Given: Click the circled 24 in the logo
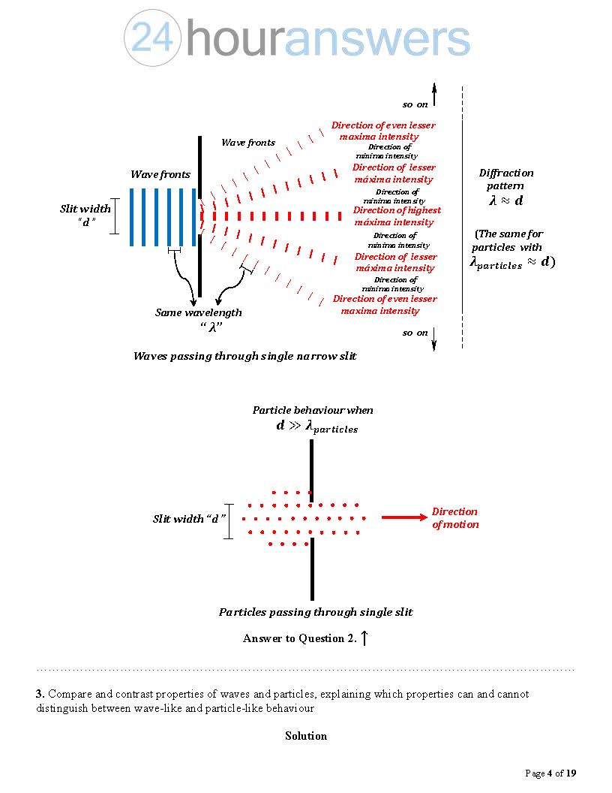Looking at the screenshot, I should click(153, 38).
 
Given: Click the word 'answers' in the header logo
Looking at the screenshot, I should click(377, 39).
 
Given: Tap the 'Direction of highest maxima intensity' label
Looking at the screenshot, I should click(397, 216).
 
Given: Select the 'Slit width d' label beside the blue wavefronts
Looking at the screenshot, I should click(85, 215).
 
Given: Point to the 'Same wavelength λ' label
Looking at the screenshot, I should click(199, 319).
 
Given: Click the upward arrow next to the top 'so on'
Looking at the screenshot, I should click(434, 96).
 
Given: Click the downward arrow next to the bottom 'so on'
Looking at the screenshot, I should click(434, 339).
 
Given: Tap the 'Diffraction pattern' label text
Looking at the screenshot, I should click(506, 179).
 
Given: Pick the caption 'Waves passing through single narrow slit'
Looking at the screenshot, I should click(244, 356).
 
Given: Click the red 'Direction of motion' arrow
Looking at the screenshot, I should click(403, 517).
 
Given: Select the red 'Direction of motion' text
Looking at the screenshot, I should click(454, 518).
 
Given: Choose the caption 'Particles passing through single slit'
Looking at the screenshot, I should click(316, 612).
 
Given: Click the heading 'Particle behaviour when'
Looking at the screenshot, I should click(313, 410).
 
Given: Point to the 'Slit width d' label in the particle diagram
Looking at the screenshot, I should click(189, 519).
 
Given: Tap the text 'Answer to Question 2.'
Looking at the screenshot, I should click(299, 638).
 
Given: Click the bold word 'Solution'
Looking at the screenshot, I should click(306, 736).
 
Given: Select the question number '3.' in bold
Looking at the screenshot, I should click(40, 694).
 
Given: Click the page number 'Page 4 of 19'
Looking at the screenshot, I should click(550, 773).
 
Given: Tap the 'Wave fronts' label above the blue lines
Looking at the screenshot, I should click(160, 174).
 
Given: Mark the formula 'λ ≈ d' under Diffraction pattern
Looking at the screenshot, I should click(506, 201).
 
